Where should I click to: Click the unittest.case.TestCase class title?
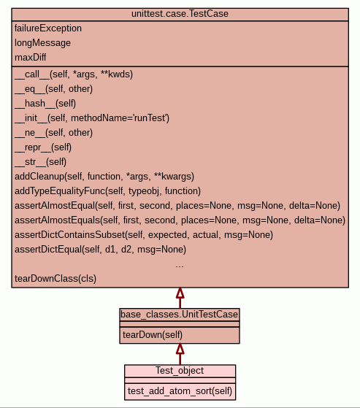pos(180,14)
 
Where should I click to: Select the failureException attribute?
pos(48,28)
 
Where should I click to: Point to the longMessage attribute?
pos(42,43)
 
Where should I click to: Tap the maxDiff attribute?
pos(31,57)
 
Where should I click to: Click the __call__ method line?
pos(74,74)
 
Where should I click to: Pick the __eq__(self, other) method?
pos(53,89)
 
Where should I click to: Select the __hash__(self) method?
pos(45,104)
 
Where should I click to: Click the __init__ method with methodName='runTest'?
pos(92,118)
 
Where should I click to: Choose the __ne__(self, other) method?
pos(53,133)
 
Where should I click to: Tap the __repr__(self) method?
pos(43,147)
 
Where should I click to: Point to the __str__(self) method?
pos(41,162)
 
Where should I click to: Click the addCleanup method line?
pos(104,177)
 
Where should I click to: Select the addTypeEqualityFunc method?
pos(108,191)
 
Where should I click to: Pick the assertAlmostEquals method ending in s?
pos(180,220)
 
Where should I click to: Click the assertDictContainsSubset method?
pos(144,235)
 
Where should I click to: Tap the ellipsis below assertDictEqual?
pos(180,266)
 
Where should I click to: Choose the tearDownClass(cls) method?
pos(55,278)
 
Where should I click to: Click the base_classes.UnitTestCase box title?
pos(180,315)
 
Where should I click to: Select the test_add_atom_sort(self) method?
pos(180,391)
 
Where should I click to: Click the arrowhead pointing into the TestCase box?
pos(180,293)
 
